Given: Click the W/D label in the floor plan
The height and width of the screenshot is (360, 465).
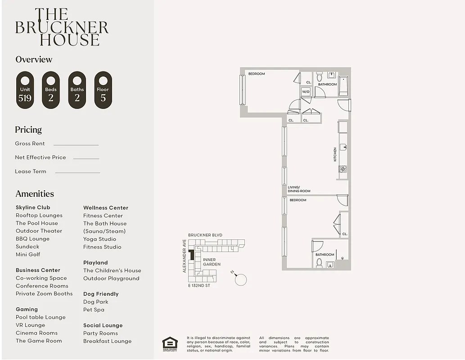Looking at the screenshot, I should tap(306, 91).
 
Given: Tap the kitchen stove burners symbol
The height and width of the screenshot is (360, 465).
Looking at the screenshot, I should tap(343, 169).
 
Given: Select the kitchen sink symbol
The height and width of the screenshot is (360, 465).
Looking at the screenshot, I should tap(343, 147).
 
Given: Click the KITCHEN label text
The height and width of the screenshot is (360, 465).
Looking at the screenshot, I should tap(335, 154).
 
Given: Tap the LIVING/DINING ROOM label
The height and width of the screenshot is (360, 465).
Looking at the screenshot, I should tap(299, 189).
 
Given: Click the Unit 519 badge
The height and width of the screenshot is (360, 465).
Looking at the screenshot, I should tap(25, 90).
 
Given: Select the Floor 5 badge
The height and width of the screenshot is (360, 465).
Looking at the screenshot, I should tap(103, 90).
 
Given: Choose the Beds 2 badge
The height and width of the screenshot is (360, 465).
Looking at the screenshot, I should tap(51, 90).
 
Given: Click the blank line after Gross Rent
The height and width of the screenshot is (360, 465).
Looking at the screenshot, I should tap(76, 145).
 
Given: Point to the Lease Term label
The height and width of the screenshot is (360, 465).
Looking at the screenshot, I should tap(31, 171).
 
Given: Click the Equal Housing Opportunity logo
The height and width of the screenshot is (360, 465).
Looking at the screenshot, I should tap(170, 344).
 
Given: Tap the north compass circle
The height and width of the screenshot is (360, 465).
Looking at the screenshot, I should tap(241, 279).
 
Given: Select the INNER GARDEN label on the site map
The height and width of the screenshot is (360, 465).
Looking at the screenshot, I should tap(212, 262).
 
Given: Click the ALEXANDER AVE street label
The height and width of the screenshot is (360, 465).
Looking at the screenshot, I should tap(185, 256).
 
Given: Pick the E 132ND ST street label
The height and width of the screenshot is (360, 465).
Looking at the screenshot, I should tap(199, 286).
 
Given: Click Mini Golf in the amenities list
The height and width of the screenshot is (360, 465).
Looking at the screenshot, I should tap(28, 254).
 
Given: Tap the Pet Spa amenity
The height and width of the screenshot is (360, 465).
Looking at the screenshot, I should tap(94, 310).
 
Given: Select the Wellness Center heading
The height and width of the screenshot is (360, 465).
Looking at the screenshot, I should tap(106, 208).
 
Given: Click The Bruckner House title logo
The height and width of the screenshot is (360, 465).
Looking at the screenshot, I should tap(62, 27).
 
